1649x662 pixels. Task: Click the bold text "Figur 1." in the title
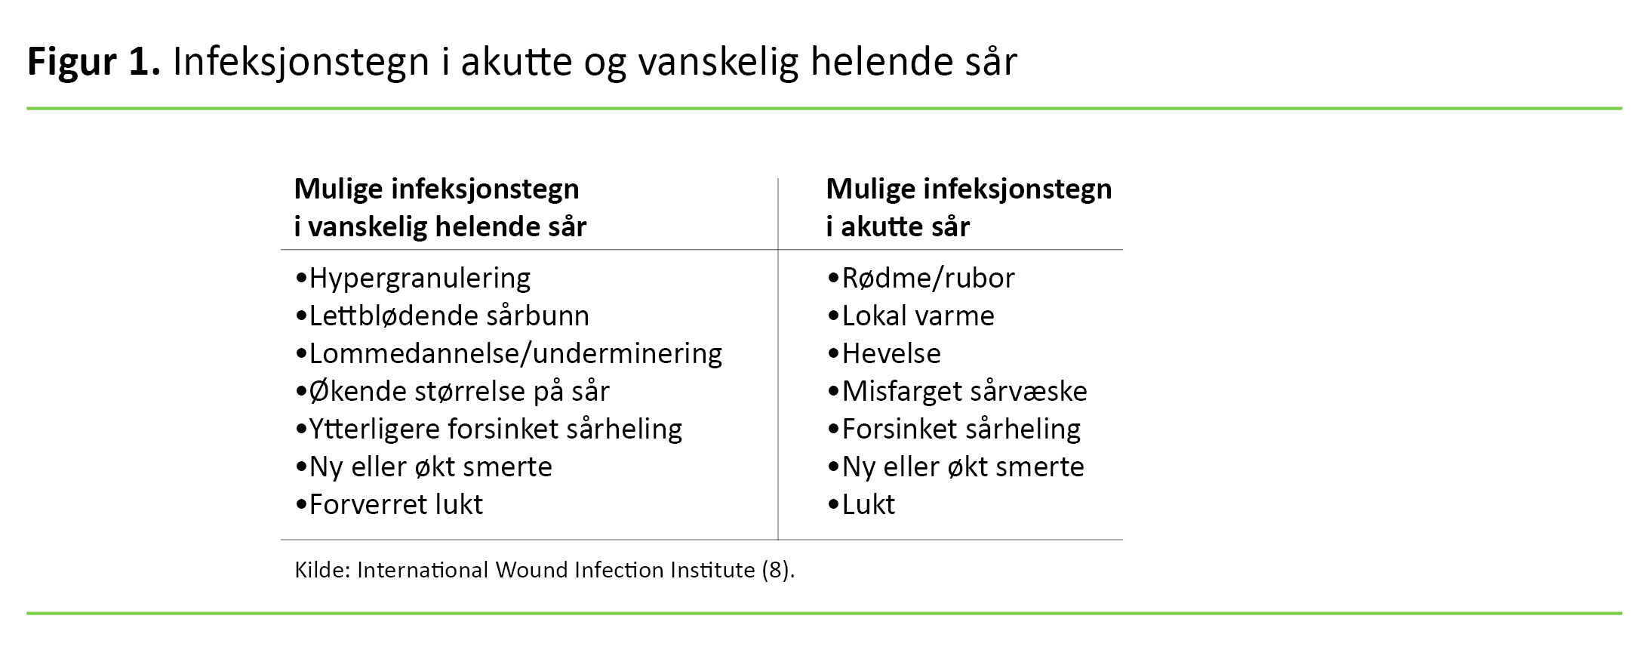click(x=94, y=62)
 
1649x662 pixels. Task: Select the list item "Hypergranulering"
click(x=420, y=279)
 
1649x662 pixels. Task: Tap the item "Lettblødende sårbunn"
click(x=449, y=316)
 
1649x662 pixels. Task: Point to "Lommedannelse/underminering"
click(x=515, y=354)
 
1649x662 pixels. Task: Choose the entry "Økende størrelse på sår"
click(x=459, y=392)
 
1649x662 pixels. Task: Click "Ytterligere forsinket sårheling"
click(x=495, y=430)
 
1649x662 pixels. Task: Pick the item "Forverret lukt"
click(x=395, y=505)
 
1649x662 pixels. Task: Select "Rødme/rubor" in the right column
click(x=928, y=279)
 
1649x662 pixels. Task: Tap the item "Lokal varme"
click(x=918, y=316)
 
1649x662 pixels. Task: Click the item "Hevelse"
click(x=891, y=354)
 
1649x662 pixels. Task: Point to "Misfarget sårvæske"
click(x=964, y=392)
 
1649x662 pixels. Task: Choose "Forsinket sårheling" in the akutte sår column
click(x=961, y=430)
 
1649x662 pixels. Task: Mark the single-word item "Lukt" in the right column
click(x=868, y=505)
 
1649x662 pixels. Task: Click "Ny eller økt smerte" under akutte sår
click(x=963, y=467)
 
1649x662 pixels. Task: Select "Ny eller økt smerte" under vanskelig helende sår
click(x=430, y=467)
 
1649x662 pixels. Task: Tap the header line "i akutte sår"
click(x=897, y=226)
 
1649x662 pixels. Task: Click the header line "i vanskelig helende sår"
click(x=440, y=226)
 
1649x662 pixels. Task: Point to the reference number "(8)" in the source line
click(x=777, y=570)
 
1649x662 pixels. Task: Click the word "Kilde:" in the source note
click(x=322, y=570)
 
